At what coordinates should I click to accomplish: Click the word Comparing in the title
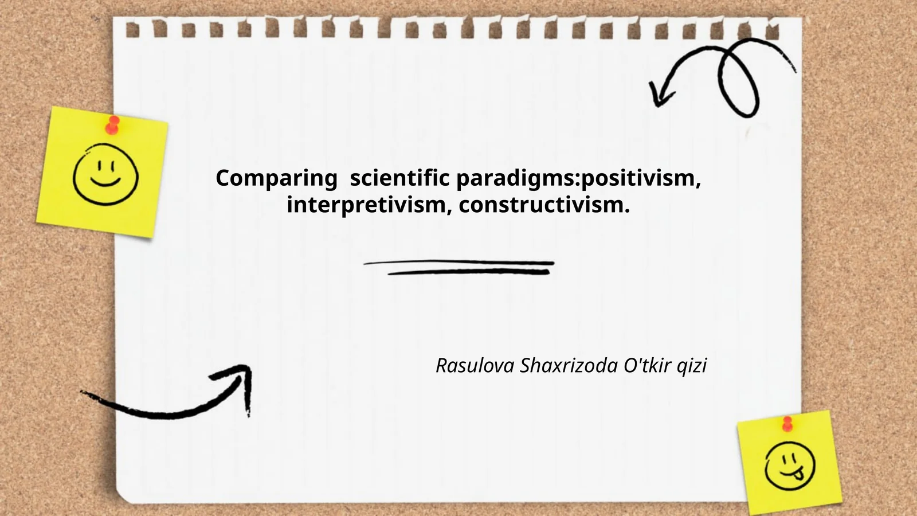(x=276, y=178)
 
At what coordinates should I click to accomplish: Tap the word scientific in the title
(x=399, y=178)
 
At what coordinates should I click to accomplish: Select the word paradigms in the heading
(x=516, y=178)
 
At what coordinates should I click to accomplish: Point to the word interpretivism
(x=366, y=205)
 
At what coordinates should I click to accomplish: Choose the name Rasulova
(x=475, y=365)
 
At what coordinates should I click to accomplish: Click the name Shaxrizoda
(x=569, y=365)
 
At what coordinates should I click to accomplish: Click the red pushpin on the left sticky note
(x=112, y=125)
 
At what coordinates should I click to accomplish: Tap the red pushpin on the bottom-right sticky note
(x=787, y=424)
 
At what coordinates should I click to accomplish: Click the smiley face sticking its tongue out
(x=790, y=466)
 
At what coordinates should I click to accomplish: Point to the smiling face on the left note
(x=105, y=174)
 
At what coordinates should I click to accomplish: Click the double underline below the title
(x=459, y=267)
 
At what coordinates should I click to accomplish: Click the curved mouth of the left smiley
(x=105, y=181)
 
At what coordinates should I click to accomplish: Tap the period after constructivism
(x=627, y=212)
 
